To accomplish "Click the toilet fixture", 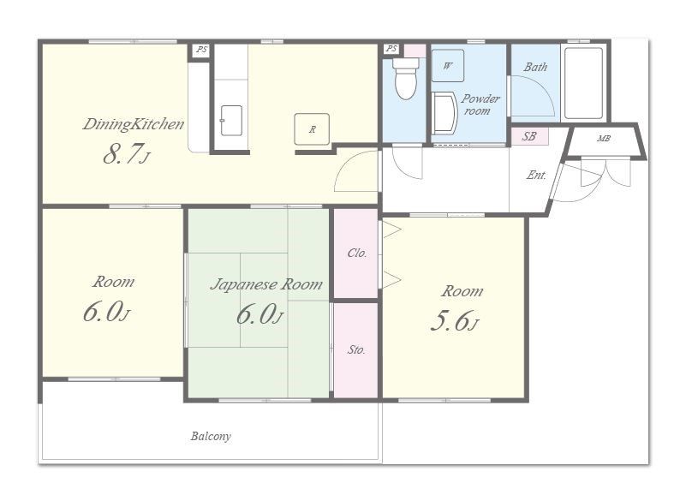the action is click(x=405, y=78).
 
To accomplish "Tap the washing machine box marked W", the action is click(x=447, y=66).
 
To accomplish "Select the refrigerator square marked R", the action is click(x=312, y=129).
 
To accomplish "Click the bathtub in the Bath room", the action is click(x=583, y=82).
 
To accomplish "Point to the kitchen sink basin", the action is click(x=231, y=120).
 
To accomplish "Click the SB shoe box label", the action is click(x=529, y=136).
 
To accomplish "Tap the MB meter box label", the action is click(x=604, y=139).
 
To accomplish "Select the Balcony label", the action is click(x=211, y=436).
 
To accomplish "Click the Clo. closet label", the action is click(x=357, y=253).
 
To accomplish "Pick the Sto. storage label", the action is click(x=356, y=349).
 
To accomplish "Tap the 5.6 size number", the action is click(x=450, y=320).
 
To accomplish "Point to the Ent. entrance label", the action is click(x=536, y=176).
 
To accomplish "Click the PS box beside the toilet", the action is click(x=391, y=49).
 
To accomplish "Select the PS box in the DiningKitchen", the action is click(x=200, y=50).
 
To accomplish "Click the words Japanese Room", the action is click(x=266, y=284).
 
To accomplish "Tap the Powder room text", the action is click(x=480, y=104).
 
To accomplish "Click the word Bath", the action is click(x=535, y=67).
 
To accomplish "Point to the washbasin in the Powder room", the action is click(x=444, y=113).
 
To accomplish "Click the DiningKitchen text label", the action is click(x=134, y=124).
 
